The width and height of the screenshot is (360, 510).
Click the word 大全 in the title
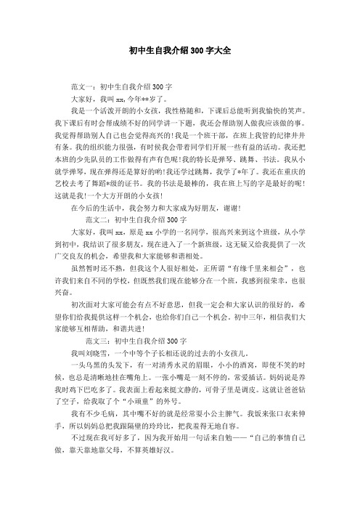pos(220,52)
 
